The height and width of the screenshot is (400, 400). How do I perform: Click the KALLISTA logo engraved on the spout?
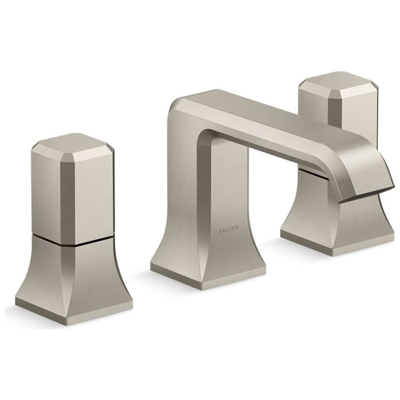point(230,228)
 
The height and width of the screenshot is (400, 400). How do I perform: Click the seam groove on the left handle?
point(73,240)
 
